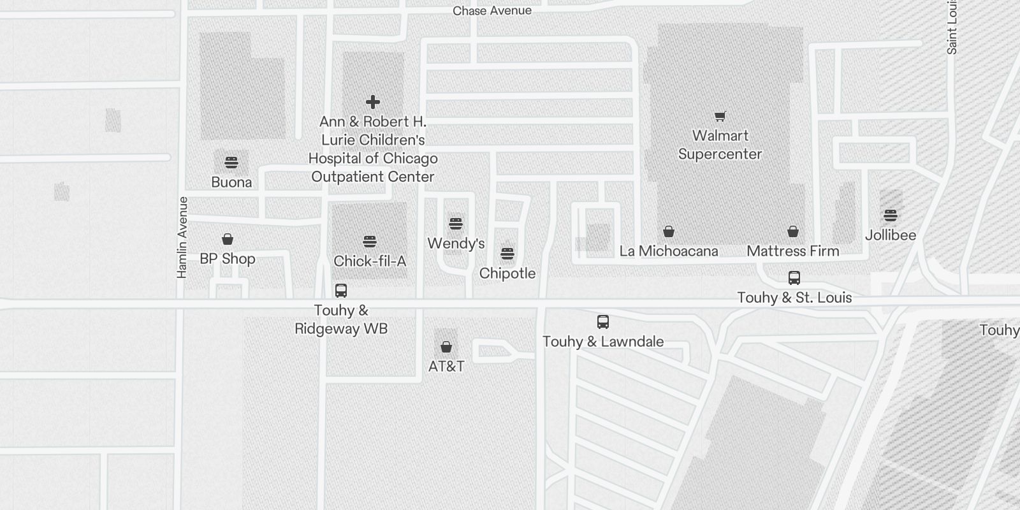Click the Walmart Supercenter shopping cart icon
tap(720, 117)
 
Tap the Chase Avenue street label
tap(492, 11)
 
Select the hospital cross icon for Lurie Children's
tap(373, 102)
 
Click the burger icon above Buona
tap(231, 163)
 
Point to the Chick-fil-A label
tap(370, 261)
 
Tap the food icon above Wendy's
tap(455, 224)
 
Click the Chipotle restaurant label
tap(507, 273)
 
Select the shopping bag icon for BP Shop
tap(228, 239)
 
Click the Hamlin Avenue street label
tap(182, 237)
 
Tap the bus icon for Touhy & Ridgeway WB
tap(341, 291)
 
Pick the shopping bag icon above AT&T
tap(446, 347)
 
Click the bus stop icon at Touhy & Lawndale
tap(603, 322)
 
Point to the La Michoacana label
tap(669, 251)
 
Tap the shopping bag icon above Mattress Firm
tap(792, 231)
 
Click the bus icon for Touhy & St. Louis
tap(794, 278)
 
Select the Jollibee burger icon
tap(891, 215)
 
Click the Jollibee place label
tap(891, 235)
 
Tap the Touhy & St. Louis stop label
tap(794, 298)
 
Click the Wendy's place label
tap(456, 244)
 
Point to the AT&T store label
tap(446, 367)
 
